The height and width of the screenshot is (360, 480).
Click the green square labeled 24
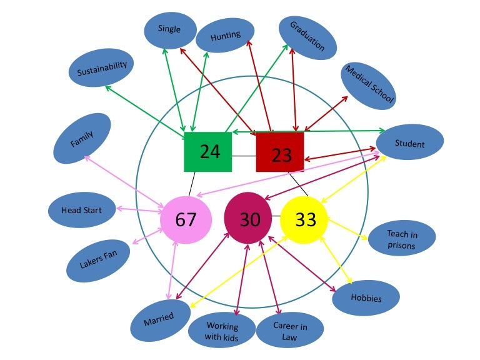coord(207,152)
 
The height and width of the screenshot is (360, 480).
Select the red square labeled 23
coord(280,152)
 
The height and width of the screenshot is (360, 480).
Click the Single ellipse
coord(169,30)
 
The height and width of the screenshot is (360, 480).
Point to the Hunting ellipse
coord(225,36)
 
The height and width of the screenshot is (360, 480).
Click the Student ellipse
coord(410,144)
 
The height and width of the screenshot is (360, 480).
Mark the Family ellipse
coord(82,138)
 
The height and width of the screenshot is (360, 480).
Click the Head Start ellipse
coord(82,211)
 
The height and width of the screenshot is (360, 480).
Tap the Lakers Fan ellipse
coord(97,259)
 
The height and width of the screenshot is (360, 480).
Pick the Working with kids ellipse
coord(222,331)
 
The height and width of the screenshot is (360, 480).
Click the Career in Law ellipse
coord(290,330)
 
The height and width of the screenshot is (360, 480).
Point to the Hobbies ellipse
coord(366,297)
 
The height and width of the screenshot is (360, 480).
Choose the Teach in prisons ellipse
coord(402,239)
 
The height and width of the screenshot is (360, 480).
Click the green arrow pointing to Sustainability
coord(144,109)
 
